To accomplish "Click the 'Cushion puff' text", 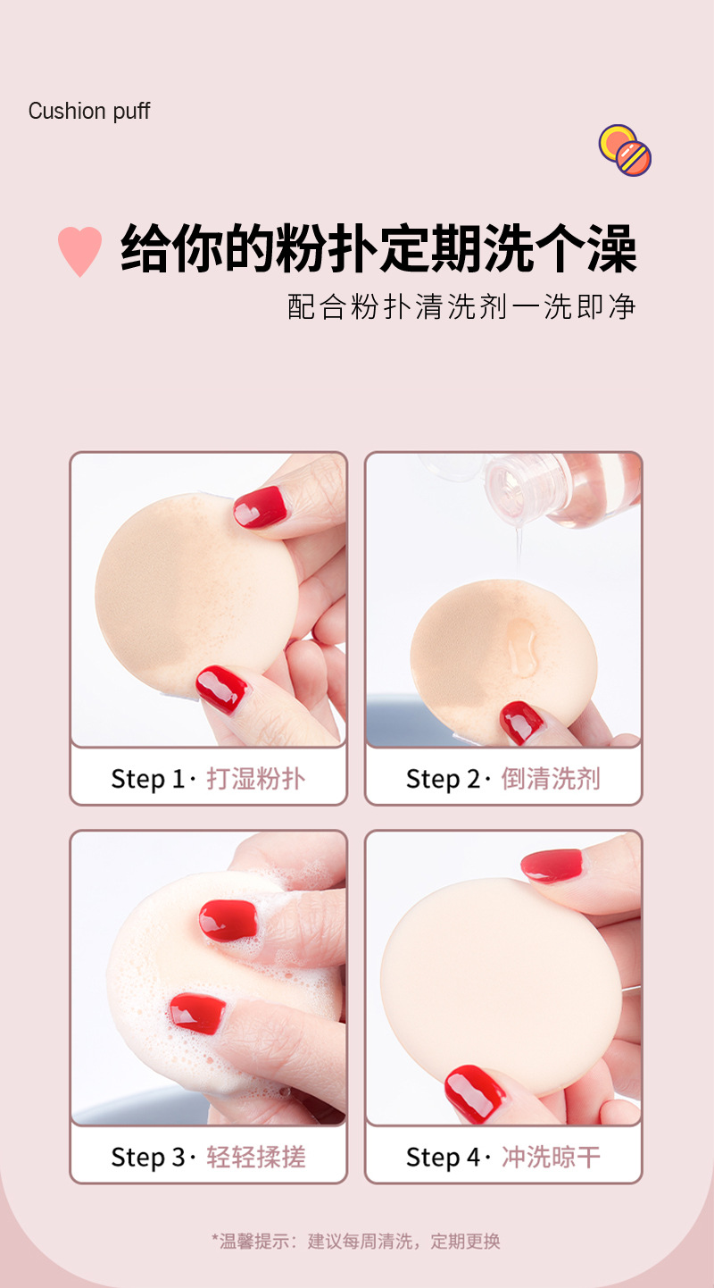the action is point(89,111).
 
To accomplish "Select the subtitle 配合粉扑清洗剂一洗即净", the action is point(461,305).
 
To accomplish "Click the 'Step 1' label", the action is point(147,779).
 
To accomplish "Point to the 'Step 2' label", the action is point(443,779).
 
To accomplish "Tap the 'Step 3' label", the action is point(147,1158).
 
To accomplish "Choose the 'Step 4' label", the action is point(443,1158).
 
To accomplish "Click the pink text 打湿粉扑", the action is point(255,779).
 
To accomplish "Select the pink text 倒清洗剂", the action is point(551,779).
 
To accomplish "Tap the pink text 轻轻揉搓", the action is point(255,1158).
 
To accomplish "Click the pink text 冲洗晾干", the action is point(551,1158).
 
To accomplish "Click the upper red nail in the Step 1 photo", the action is point(262,506).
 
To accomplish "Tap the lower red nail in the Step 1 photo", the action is point(221,690).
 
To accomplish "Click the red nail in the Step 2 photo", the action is point(521,722).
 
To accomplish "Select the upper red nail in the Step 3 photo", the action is point(228,921).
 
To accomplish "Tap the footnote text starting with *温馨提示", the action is point(356,1241).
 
